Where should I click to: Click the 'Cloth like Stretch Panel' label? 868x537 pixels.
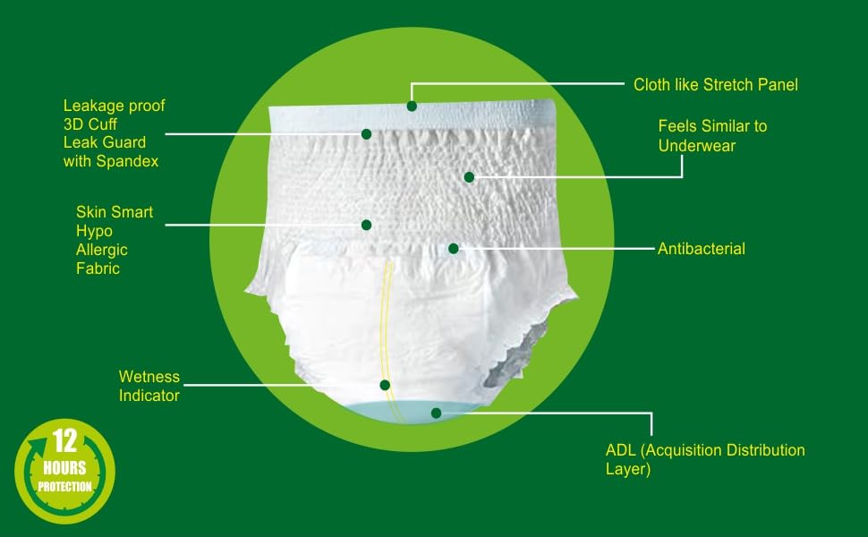click(716, 85)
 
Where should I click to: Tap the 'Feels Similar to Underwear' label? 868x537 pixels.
click(712, 136)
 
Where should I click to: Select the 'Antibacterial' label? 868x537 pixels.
click(702, 249)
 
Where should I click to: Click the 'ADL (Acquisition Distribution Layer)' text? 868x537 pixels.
click(705, 459)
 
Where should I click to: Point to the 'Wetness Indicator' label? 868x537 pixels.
click(149, 386)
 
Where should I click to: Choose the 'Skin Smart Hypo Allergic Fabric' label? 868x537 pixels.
click(114, 240)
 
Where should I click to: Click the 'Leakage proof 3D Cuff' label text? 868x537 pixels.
click(114, 115)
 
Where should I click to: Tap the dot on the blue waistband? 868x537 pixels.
click(412, 106)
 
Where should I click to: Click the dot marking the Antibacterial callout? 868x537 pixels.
click(454, 249)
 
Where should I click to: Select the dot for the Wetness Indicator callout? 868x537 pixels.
click(385, 385)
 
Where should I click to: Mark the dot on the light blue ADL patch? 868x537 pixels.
click(436, 413)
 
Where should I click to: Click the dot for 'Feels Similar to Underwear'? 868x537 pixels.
click(469, 177)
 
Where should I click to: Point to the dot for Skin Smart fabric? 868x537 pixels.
click(366, 225)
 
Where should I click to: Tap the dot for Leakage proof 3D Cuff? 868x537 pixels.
click(366, 134)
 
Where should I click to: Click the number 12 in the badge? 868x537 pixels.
click(64, 440)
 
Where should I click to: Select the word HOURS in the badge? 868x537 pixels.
click(64, 468)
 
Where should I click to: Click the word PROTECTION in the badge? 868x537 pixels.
click(64, 487)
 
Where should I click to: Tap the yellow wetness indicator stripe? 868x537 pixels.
click(387, 337)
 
